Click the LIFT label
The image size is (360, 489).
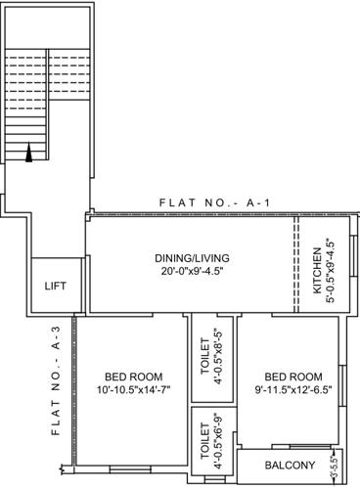tap(56, 286)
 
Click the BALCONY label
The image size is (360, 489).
tap(290, 465)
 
